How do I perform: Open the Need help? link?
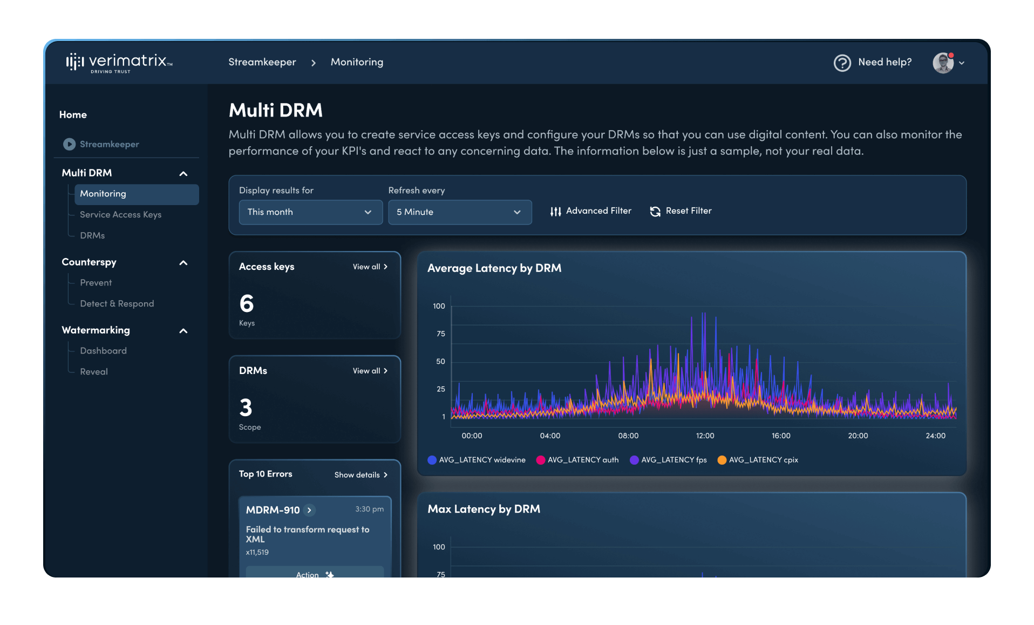[x=873, y=63]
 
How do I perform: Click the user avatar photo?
[x=943, y=63]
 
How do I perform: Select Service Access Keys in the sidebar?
[x=120, y=215]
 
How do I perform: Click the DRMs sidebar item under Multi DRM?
[x=92, y=236]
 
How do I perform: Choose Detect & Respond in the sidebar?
[x=117, y=304]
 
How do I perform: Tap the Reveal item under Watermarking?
[x=94, y=372]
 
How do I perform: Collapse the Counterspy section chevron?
[x=183, y=263]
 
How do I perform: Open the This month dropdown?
[x=310, y=212]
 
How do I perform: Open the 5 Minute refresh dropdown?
[x=459, y=212]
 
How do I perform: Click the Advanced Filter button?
[x=590, y=211]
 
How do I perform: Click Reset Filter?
[x=681, y=211]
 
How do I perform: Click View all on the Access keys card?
[x=370, y=267]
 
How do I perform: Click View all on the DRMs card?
[x=370, y=371]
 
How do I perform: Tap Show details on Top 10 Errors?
[x=360, y=475]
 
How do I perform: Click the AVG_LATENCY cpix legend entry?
[x=757, y=460]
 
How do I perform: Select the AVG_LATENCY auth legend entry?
[x=577, y=460]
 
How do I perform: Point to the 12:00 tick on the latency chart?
[x=704, y=436]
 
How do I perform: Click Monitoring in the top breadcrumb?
[x=357, y=62]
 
